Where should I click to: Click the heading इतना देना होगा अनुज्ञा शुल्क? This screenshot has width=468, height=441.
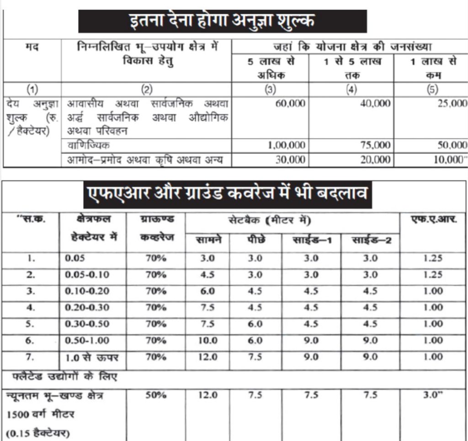[222, 21]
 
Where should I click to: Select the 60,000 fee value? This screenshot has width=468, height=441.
[290, 103]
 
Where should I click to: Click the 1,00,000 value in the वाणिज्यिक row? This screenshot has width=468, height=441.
[287, 145]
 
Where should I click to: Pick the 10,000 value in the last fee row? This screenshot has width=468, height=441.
[449, 160]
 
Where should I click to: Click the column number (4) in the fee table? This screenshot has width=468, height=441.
[351, 90]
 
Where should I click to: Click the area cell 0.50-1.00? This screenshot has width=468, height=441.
[87, 340]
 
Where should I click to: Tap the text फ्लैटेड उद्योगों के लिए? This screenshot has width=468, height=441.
[64, 377]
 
